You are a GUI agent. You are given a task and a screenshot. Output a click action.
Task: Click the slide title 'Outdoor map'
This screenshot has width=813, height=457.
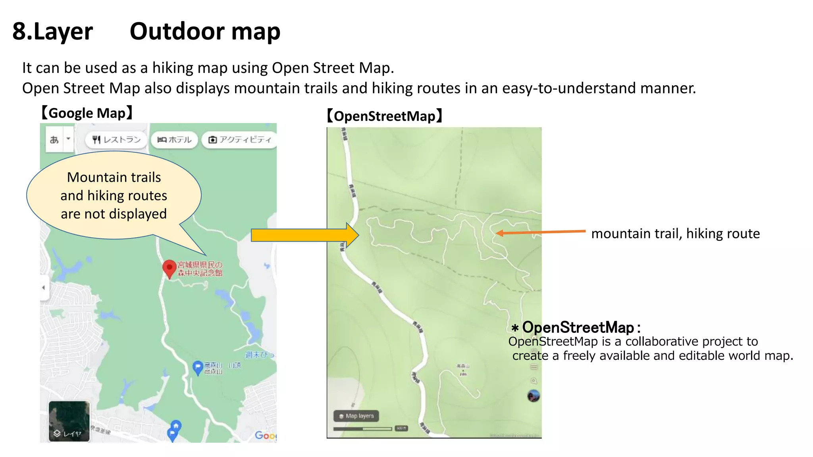coord(205,31)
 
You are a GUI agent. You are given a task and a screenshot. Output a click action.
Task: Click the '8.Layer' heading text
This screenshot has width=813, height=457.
coord(52,31)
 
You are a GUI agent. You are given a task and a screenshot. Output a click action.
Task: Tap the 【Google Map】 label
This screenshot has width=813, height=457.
coord(87,113)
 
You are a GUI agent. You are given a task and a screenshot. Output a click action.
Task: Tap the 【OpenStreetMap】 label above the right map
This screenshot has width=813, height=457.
coord(384,116)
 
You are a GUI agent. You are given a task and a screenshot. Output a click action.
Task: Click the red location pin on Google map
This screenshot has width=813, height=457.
coord(170,268)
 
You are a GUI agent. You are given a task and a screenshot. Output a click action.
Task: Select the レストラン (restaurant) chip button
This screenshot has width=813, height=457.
coord(116,140)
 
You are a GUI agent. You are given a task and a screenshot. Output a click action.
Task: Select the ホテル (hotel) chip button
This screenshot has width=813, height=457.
coord(174,140)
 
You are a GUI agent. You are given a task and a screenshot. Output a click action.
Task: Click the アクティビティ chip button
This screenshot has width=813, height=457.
coord(240,140)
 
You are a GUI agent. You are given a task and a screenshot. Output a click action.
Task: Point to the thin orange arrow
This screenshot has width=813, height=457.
coord(540,232)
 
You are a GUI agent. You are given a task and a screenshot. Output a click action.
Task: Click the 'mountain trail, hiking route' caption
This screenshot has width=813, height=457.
coord(675,234)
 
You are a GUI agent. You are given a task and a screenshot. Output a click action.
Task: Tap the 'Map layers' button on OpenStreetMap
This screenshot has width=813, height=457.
coord(356,416)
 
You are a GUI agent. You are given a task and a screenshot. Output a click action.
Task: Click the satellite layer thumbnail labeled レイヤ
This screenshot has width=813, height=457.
coord(69,421)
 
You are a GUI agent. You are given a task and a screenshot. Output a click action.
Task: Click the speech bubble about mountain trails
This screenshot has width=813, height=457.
coord(114,196)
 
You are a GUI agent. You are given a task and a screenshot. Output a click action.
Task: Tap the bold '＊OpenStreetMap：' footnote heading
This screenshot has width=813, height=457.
coord(576,328)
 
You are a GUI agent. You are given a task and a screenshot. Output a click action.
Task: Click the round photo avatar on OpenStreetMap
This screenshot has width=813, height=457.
coord(533,396)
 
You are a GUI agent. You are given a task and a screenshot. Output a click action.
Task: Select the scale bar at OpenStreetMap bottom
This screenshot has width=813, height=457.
coord(363,429)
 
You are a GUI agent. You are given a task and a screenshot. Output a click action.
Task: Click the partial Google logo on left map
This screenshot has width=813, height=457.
coord(265,435)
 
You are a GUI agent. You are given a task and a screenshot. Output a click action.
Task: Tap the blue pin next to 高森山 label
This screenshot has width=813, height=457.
coord(198,367)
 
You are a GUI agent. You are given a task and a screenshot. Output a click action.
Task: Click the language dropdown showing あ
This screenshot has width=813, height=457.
coord(59,140)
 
